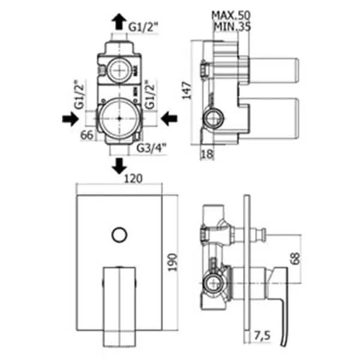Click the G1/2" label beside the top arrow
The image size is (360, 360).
click(143, 26)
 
